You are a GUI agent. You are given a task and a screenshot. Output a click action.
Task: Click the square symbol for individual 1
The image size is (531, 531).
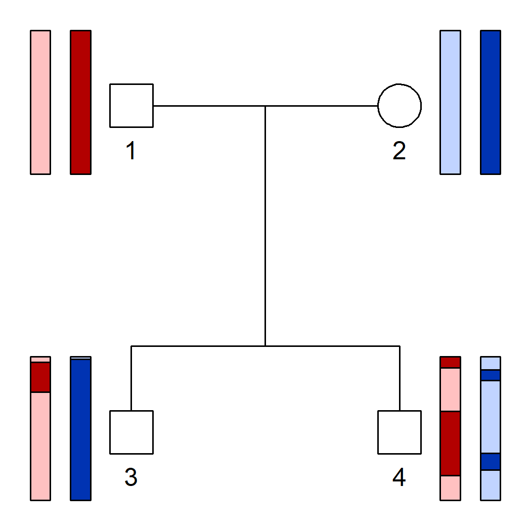coord(131,106)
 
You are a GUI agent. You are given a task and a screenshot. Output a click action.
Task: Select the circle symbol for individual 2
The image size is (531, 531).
coord(400,106)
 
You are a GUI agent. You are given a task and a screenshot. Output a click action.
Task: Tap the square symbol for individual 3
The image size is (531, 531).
coord(131,432)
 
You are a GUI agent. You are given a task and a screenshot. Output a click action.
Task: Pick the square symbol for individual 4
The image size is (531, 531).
coord(400,432)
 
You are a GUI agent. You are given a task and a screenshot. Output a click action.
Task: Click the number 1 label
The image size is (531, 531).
coord(131,151)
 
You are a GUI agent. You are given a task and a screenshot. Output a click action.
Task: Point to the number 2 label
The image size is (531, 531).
coord(399,151)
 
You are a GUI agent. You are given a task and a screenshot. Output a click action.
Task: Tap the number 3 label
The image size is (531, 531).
coord(131,477)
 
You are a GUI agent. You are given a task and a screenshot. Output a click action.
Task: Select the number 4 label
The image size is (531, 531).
coord(399,477)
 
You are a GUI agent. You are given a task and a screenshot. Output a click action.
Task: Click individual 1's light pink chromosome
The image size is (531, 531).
coord(40,102)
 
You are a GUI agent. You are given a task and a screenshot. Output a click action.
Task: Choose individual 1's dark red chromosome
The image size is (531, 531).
coord(81,102)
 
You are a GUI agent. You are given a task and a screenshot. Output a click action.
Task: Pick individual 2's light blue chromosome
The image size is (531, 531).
coord(450,102)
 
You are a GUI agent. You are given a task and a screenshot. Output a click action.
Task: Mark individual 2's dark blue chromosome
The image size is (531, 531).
coord(491,102)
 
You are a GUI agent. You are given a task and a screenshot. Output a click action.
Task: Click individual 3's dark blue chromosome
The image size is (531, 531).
coord(81,430)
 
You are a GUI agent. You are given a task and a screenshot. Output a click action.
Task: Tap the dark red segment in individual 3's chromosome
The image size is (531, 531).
coord(40,377)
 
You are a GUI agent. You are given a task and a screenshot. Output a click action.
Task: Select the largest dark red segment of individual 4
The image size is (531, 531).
coord(450,444)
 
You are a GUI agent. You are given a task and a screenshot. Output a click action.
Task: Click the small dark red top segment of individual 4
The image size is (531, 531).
coord(450,362)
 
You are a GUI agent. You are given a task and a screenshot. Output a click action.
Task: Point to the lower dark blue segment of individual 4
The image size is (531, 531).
coord(491,461)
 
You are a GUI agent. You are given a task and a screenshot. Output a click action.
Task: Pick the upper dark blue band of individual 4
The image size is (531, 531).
coord(491,375)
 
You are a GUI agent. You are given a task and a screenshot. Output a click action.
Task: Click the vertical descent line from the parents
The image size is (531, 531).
coord(265,228)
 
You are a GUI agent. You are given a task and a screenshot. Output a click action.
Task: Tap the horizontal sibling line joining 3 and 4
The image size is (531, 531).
coord(202,346)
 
